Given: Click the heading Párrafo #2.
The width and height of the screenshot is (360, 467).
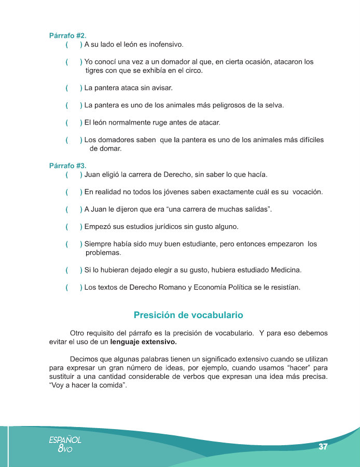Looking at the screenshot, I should (67, 36).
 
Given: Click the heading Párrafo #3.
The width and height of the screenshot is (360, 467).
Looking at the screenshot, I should (67, 166).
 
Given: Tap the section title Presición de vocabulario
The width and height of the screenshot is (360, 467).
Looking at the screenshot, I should (188, 315).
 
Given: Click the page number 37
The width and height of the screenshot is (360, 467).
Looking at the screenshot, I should (323, 447).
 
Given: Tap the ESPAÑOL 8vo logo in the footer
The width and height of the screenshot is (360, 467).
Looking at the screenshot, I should (65, 444).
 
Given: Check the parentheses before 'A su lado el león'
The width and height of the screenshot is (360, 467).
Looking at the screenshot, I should (74, 45).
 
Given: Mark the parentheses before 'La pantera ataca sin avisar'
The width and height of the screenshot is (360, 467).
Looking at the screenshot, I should (74, 88).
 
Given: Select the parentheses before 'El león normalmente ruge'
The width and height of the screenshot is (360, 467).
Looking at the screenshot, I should (74, 122).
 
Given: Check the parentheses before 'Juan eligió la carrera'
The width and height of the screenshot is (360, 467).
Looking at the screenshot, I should (74, 174).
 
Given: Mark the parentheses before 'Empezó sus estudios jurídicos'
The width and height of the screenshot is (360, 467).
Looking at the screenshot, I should (74, 227).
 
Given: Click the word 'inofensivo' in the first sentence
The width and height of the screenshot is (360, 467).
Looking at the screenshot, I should (165, 45).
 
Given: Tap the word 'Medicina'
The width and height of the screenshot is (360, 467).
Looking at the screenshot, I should (284, 270).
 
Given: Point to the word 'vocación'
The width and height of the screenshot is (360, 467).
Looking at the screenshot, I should (307, 192).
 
